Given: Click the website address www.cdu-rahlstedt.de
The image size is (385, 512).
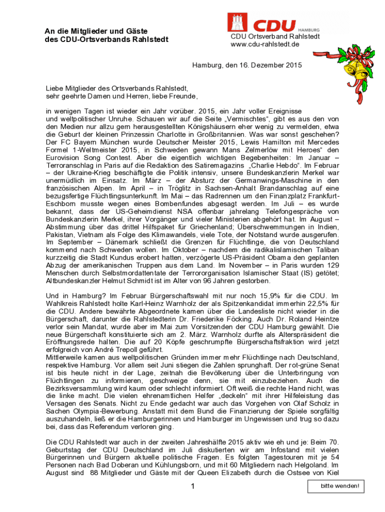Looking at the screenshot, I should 264,44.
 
